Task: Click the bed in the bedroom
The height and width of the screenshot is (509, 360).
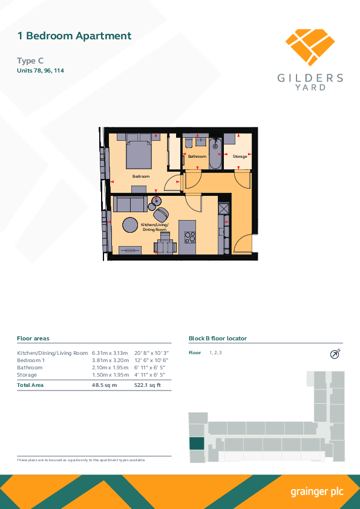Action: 139,151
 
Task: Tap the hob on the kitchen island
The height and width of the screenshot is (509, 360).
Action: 190,237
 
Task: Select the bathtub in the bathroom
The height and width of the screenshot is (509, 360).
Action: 215,154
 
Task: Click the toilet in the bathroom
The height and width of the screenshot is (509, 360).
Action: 188,142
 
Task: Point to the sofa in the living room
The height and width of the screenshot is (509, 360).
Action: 130,204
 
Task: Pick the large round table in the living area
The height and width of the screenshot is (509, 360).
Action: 130,225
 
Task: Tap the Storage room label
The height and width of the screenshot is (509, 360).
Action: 240,157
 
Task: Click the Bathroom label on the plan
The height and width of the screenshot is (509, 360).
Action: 197,157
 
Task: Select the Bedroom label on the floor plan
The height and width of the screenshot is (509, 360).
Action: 141,177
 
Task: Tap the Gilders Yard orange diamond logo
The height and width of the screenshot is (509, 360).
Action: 310,47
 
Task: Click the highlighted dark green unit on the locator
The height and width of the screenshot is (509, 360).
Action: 197,444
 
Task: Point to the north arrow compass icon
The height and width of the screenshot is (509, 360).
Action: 335,354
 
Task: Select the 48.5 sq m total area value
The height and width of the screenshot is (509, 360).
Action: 104,385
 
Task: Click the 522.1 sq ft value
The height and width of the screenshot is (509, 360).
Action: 148,385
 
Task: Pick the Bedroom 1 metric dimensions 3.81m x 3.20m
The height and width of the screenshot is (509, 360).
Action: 111,360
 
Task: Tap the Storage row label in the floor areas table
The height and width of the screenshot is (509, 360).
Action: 27,375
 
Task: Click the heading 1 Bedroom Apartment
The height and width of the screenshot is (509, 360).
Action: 74,36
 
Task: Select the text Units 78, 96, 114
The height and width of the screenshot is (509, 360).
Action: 41,71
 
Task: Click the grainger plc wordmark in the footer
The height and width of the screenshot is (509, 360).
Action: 317,492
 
